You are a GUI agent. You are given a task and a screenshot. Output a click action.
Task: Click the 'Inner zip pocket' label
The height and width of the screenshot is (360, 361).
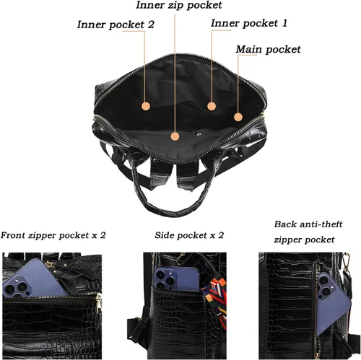click(x=179, y=5)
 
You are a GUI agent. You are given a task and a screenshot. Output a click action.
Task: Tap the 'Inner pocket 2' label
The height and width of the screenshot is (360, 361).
click(x=116, y=25)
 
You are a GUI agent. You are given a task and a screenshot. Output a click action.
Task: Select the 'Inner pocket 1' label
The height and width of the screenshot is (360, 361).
click(x=249, y=23)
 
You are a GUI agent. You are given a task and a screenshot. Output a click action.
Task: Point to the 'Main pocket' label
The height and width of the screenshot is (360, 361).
click(x=268, y=49)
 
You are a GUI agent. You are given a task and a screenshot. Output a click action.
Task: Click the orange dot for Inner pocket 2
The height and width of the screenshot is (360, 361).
click(x=146, y=106)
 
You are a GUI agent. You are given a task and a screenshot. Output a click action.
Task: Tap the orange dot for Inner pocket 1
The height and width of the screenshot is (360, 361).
click(x=212, y=106)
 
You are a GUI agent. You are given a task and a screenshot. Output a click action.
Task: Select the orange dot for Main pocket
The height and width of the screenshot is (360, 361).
click(x=238, y=117)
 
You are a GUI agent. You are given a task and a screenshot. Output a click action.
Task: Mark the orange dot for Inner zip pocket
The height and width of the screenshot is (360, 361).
click(x=175, y=136)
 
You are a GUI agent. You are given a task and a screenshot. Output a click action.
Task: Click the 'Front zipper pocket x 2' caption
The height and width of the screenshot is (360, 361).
click(x=53, y=235)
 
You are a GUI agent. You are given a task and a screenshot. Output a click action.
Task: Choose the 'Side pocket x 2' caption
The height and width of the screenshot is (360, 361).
click(x=189, y=235)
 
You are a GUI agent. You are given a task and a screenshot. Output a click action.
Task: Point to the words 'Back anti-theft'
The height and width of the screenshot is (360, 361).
click(x=308, y=224)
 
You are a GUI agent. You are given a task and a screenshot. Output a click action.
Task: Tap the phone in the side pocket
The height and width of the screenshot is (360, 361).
click(x=177, y=278)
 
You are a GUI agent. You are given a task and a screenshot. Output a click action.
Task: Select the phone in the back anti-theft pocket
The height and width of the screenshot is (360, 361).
click(x=334, y=304)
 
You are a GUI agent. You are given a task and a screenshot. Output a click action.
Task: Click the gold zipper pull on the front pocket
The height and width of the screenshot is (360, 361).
click(x=99, y=299)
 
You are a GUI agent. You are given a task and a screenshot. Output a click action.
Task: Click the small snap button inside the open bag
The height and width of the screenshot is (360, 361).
click(x=199, y=134)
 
